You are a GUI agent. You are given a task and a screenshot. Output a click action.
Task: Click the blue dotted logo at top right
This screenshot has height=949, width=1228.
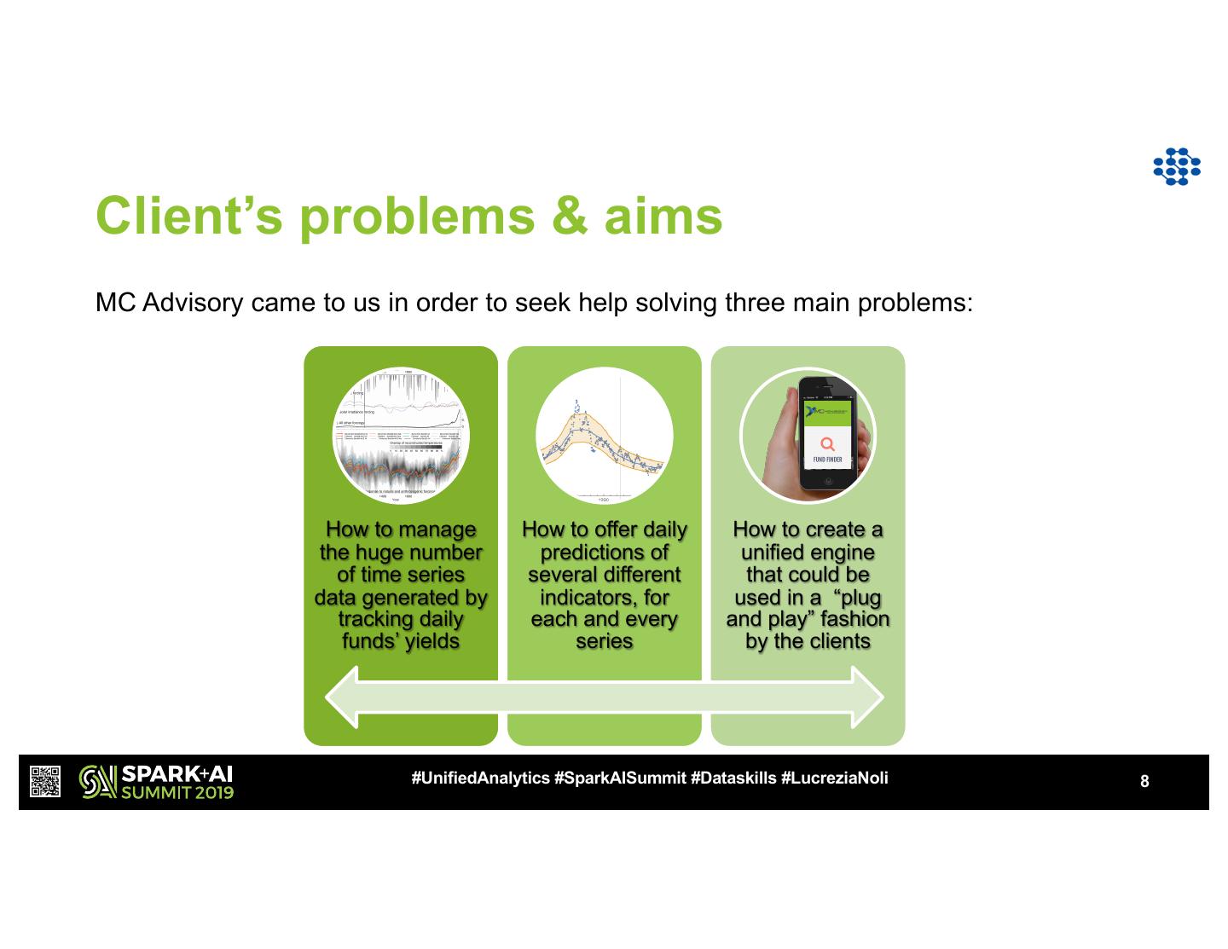(1176, 167)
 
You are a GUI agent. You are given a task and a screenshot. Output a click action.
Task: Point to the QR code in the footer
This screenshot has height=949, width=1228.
(45, 782)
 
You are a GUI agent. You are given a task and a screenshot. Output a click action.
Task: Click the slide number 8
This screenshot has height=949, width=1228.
(1144, 781)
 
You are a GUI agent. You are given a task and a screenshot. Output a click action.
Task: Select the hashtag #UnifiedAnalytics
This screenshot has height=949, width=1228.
(480, 778)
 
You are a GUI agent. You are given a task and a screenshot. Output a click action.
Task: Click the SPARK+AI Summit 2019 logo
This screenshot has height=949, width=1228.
(156, 782)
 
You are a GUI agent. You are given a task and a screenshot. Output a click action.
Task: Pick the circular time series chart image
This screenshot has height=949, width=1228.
(401, 436)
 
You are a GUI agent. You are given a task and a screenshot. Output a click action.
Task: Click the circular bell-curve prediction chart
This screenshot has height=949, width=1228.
(604, 436)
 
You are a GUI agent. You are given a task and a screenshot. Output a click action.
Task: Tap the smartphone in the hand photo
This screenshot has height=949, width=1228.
(826, 432)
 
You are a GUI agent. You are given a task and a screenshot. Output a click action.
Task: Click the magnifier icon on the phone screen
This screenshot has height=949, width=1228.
(827, 443)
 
